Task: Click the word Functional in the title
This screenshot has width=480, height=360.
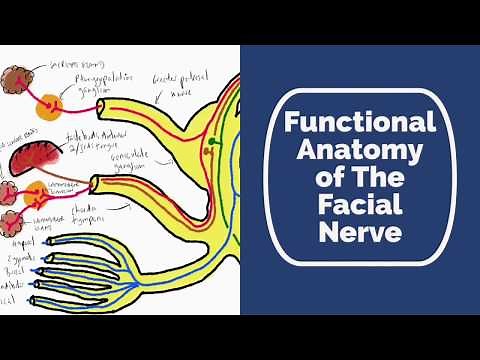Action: point(361,123)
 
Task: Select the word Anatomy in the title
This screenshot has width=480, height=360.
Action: point(361,152)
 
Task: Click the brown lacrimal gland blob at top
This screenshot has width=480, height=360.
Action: point(17,79)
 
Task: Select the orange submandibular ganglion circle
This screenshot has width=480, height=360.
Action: point(46,187)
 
